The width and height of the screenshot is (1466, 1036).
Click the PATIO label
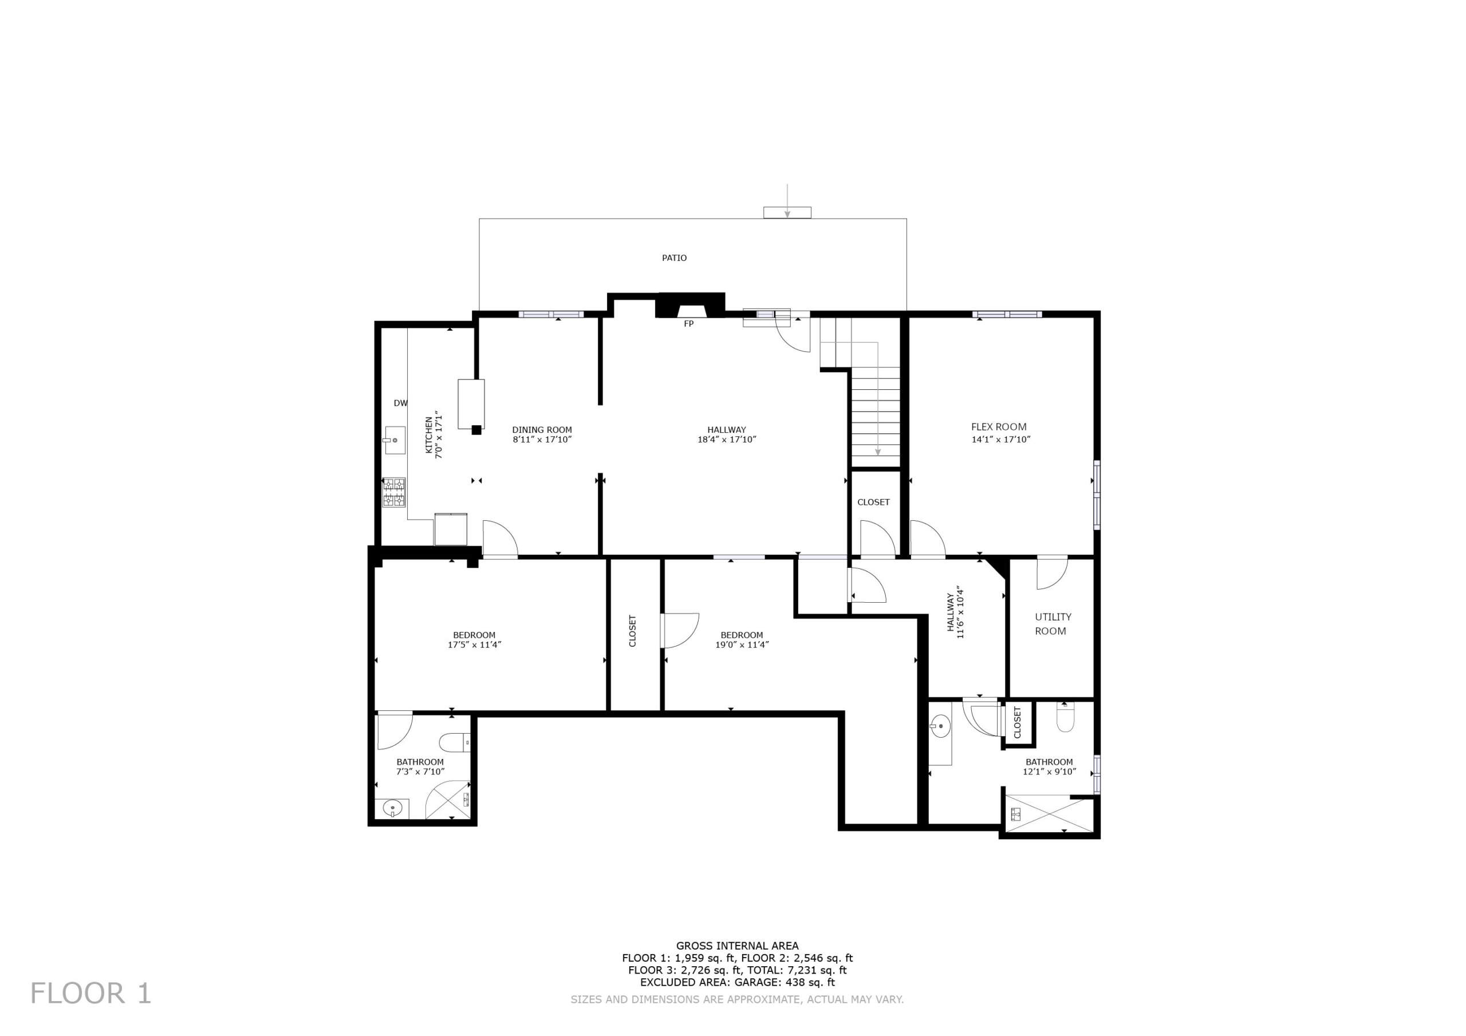(674, 258)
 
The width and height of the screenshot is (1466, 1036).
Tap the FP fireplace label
(688, 325)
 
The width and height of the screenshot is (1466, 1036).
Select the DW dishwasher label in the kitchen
(400, 403)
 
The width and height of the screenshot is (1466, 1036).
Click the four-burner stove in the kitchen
(394, 492)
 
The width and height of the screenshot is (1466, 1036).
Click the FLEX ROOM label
(999, 427)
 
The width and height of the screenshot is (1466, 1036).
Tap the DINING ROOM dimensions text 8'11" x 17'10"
(542, 440)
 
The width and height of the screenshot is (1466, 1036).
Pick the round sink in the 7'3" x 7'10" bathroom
(393, 809)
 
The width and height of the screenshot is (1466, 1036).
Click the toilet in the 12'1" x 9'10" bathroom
(1066, 718)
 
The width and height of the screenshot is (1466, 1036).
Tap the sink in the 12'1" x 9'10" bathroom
(940, 725)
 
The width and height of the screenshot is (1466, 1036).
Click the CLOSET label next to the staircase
(873, 503)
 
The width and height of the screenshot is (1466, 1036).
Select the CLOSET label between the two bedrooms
(633, 631)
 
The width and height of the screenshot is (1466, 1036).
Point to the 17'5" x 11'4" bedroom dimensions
(474, 644)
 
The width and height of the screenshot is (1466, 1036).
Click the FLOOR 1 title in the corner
(90, 993)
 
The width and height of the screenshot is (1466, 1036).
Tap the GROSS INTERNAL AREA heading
(738, 946)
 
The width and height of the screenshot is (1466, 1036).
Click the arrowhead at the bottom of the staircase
(878, 452)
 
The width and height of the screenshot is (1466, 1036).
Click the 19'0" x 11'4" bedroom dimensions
(742, 644)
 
